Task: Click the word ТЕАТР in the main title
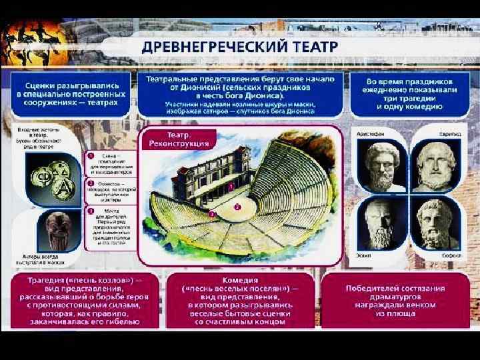311,48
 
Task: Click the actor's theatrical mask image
56,229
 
